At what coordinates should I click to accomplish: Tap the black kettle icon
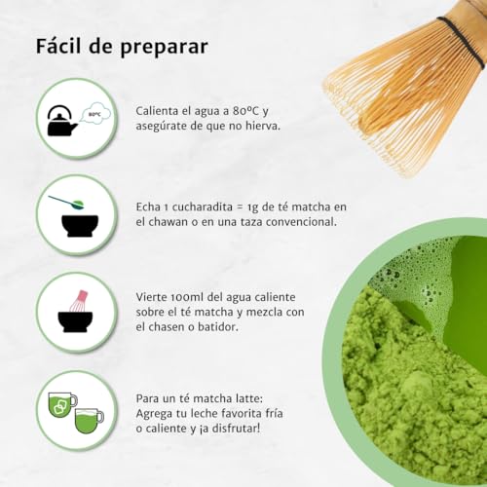point(62,121)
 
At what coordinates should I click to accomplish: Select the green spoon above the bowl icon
point(70,202)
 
